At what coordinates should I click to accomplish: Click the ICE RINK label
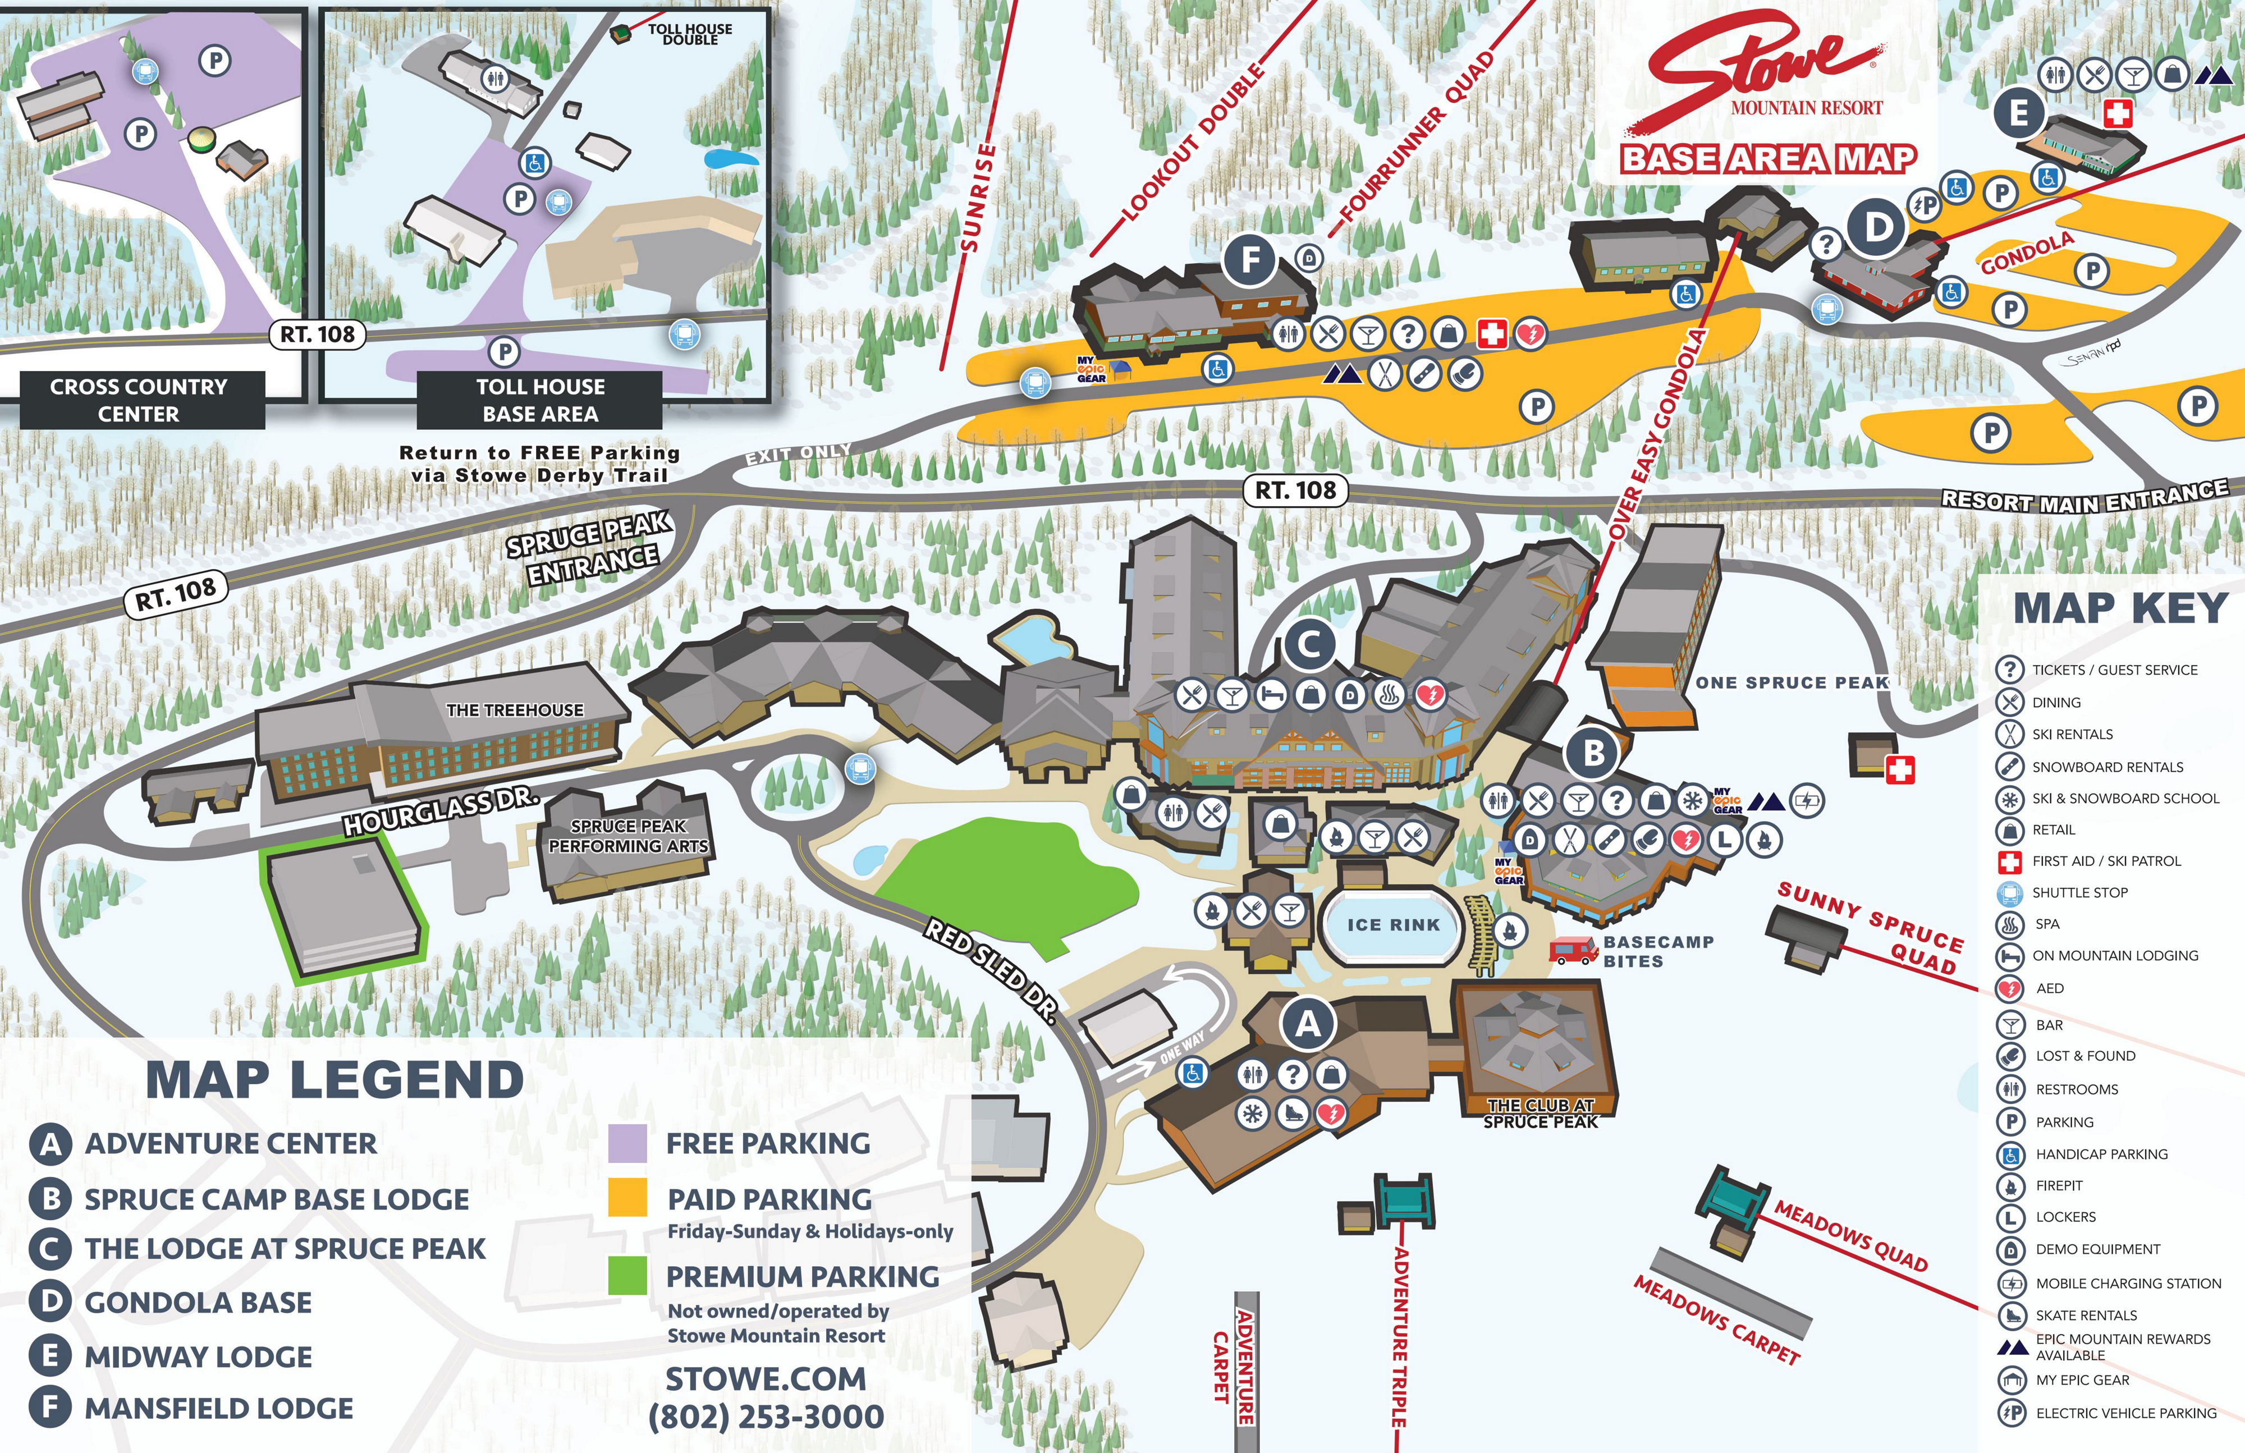(1393, 925)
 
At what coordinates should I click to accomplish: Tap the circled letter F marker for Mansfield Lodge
(1250, 259)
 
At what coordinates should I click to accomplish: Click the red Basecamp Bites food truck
(1573, 950)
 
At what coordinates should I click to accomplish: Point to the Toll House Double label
(690, 35)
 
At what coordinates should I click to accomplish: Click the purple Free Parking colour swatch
(627, 1143)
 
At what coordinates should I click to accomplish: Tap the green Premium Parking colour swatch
(627, 1276)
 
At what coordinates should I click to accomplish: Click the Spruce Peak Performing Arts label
(628, 837)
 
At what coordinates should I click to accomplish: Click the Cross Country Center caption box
(139, 400)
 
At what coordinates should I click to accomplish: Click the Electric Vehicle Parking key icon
(2010, 1413)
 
